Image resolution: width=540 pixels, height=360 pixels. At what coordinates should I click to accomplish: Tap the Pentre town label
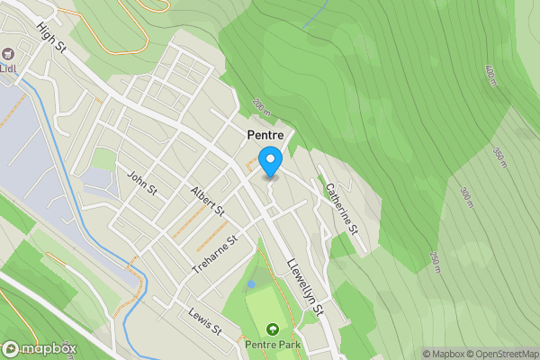coord(265,134)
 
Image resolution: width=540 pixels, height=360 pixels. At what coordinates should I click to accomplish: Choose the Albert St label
coord(207,201)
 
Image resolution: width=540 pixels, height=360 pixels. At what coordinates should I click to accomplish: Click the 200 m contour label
coord(260,107)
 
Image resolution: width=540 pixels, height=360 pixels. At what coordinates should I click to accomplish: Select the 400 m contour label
coord(490,76)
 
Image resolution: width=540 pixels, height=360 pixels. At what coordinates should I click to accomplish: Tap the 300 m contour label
coord(465,197)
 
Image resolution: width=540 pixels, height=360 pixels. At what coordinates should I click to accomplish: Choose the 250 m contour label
coord(434,263)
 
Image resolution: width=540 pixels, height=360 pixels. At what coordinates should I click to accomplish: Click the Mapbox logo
coord(40,348)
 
